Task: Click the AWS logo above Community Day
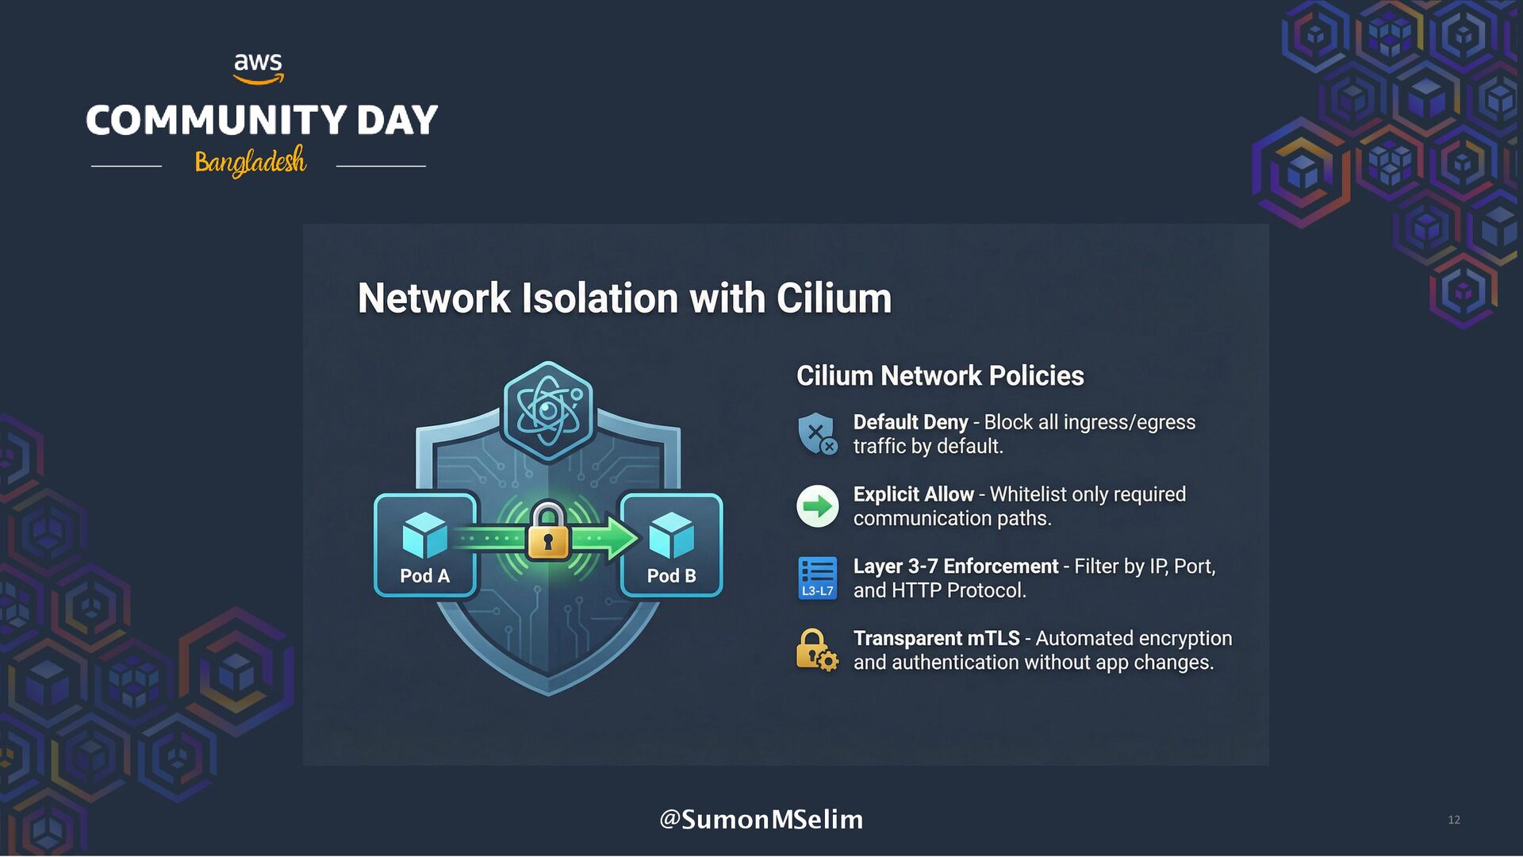pos(259,68)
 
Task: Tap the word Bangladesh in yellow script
pos(250,161)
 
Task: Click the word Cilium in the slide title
pos(834,298)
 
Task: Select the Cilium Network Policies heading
pos(940,375)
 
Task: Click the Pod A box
pos(425,545)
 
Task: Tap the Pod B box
pos(671,545)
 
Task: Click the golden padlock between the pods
pos(548,532)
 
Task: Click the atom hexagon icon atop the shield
pos(548,410)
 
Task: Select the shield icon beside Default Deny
pos(817,433)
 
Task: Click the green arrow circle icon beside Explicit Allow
pos(817,506)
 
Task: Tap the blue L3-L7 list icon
pos(817,578)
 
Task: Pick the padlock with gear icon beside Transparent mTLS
pos(817,650)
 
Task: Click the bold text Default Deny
pos(911,422)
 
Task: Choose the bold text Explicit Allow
pos(913,494)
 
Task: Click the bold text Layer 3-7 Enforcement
pos(956,567)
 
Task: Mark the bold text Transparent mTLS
pos(936,639)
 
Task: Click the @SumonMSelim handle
pos(761,819)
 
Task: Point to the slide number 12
pos(1454,820)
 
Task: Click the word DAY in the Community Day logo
pos(397,121)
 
